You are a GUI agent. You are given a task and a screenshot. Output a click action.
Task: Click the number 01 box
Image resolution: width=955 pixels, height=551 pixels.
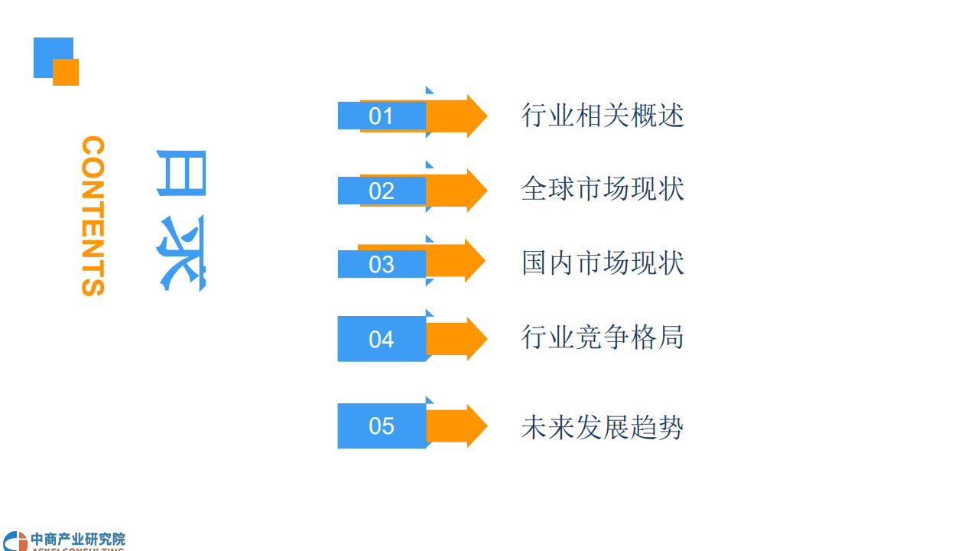pos(382,116)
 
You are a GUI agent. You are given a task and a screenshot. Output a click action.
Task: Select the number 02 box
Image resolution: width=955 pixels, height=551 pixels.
pos(382,191)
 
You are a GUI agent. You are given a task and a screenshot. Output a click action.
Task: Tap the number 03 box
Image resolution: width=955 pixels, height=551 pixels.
pos(382,264)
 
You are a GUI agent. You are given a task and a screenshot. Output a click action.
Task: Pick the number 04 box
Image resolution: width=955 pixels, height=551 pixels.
pos(382,339)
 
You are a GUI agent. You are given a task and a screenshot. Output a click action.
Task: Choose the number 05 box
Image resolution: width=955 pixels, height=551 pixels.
pos(382,425)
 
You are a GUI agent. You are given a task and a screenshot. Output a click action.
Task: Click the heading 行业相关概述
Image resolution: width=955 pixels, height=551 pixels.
pos(603,116)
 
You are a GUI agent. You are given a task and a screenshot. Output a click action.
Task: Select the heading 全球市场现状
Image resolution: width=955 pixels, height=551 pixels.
pos(603,189)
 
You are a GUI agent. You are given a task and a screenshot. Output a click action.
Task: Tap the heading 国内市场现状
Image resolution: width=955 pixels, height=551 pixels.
pos(603,262)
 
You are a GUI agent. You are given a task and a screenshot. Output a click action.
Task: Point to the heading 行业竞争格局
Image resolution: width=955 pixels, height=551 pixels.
pos(603,337)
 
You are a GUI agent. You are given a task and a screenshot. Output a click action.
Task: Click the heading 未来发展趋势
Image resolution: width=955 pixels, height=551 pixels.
pos(603,427)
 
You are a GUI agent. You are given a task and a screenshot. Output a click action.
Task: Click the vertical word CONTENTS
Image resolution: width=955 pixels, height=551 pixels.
pos(93,216)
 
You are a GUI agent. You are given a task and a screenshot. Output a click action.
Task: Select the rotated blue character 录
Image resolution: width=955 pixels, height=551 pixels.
pos(182,253)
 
